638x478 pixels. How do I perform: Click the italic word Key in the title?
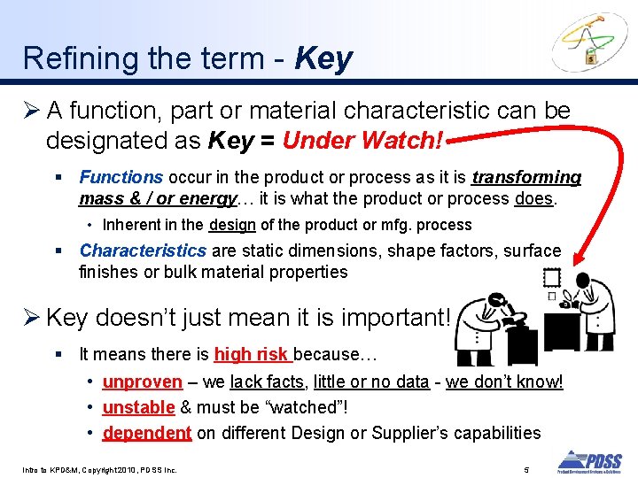point(323,58)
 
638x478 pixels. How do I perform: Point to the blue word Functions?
point(121,178)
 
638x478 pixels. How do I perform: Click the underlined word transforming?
point(526,178)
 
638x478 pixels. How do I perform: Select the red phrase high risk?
point(252,355)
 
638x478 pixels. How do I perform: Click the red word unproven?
point(142,382)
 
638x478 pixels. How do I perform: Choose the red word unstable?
point(138,407)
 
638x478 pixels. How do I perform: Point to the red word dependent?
point(146,433)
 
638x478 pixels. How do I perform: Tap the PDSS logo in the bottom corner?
point(588,461)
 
